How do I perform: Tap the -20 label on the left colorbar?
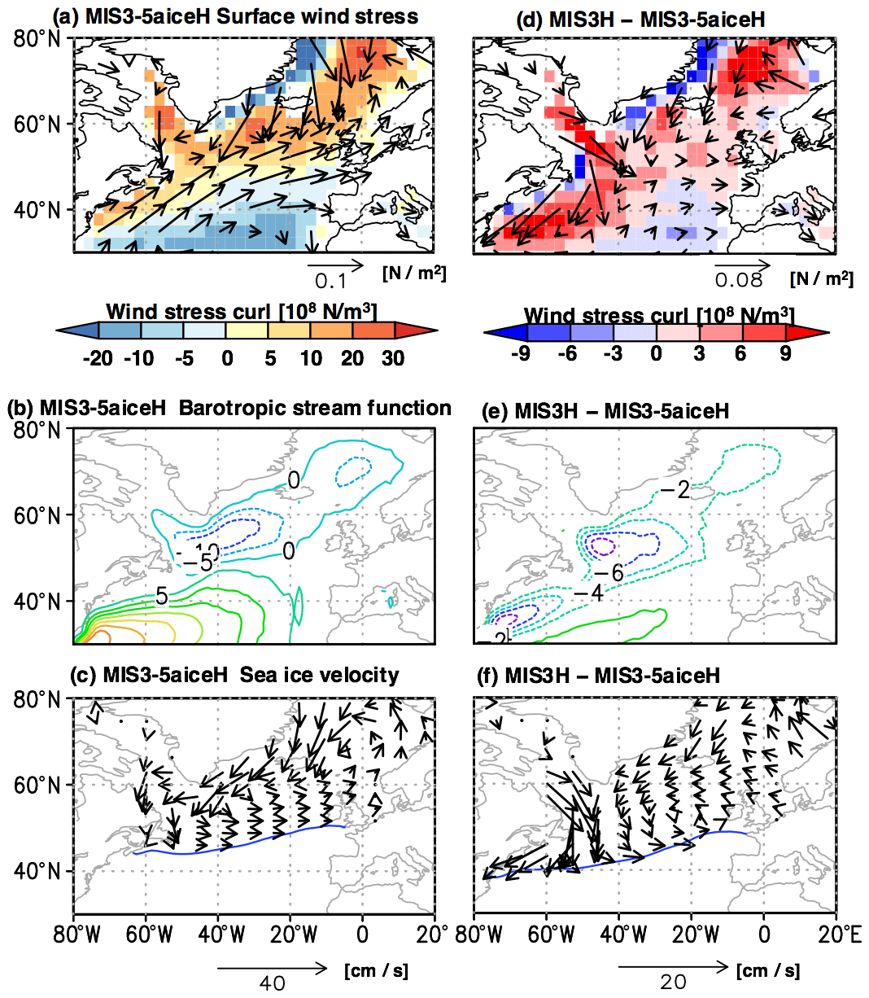pyautogui.click(x=98, y=358)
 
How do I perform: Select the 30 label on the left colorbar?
pyautogui.click(x=393, y=358)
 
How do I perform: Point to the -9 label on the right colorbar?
pyautogui.click(x=521, y=353)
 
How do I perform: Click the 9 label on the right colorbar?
pyautogui.click(x=785, y=353)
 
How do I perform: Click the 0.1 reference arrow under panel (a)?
pyautogui.click(x=335, y=265)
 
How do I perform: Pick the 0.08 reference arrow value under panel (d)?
pyautogui.click(x=739, y=280)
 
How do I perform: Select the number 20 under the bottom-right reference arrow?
pyautogui.click(x=673, y=982)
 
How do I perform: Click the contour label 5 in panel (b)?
pyautogui.click(x=162, y=597)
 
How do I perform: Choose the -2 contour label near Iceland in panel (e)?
pyautogui.click(x=675, y=490)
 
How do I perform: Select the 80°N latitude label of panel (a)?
pyautogui.click(x=37, y=38)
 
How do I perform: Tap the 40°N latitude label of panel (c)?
pyautogui.click(x=37, y=872)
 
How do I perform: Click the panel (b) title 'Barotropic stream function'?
pyautogui.click(x=314, y=408)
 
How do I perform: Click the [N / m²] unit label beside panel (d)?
pyautogui.click(x=821, y=279)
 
